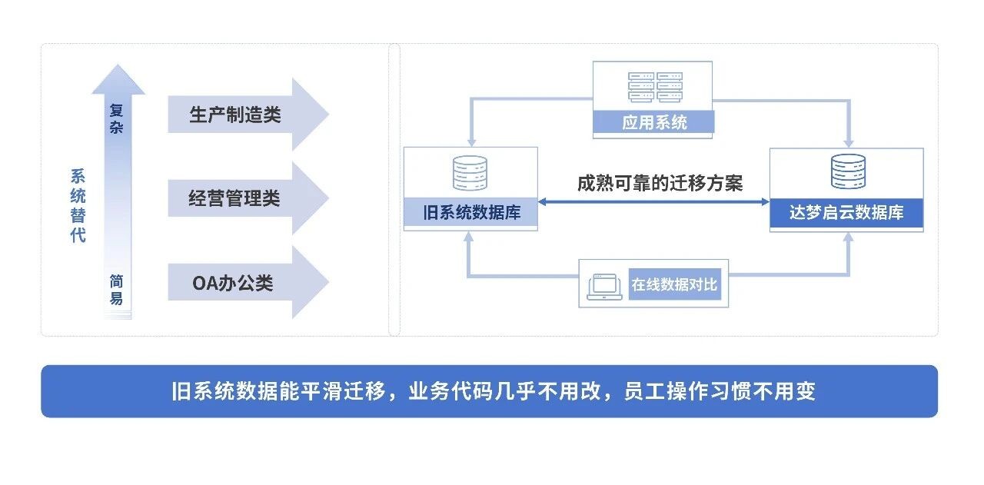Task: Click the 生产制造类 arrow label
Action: (235, 115)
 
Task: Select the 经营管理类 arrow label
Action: (234, 198)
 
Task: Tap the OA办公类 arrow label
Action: (233, 283)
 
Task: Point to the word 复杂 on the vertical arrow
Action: (116, 120)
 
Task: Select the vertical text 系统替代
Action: (78, 206)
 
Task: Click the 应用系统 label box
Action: (654, 122)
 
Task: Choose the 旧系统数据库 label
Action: (470, 212)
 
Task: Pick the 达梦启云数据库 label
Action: (846, 213)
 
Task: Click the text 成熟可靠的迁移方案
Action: (660, 183)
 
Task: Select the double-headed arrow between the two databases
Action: (653, 202)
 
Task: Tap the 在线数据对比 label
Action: (674, 285)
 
